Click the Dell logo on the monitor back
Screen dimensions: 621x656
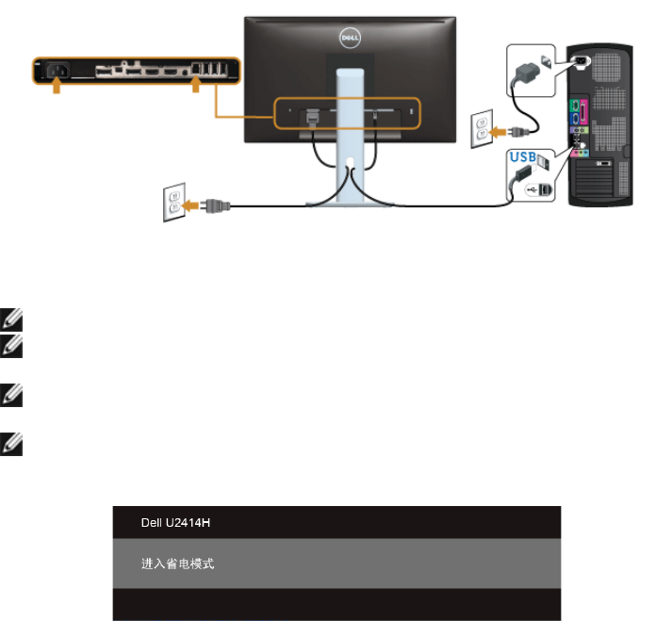pyautogui.click(x=351, y=39)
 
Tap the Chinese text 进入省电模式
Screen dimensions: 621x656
pyautogui.click(x=172, y=564)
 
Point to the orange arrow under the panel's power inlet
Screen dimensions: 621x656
pyautogui.click(x=56, y=87)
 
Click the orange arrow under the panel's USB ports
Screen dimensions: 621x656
pyautogui.click(x=195, y=87)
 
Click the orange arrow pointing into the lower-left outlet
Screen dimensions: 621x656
pyautogui.click(x=195, y=204)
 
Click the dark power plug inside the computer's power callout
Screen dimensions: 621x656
pyautogui.click(x=526, y=67)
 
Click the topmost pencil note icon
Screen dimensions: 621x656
pyautogui.click(x=10, y=320)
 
